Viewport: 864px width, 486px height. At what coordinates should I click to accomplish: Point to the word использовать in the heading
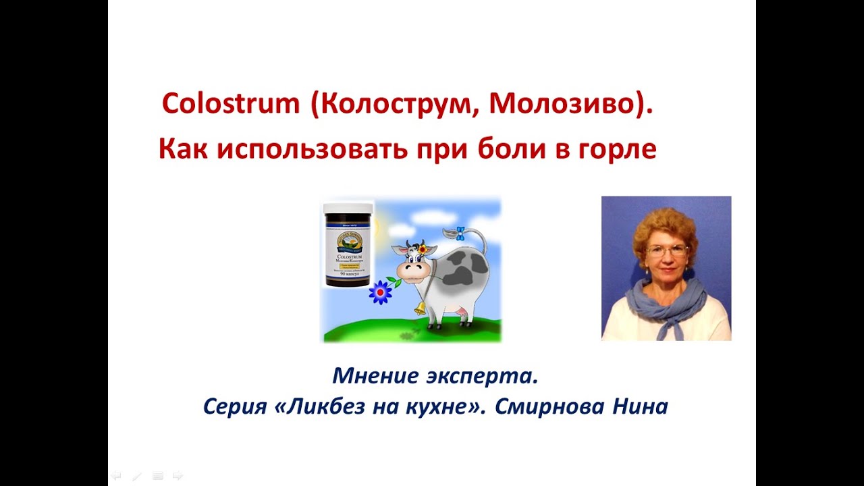point(308,149)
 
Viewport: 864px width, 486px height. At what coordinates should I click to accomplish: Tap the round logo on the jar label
point(348,238)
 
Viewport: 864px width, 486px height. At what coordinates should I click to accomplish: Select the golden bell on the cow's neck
point(420,308)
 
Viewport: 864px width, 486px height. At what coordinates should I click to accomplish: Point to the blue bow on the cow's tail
point(460,234)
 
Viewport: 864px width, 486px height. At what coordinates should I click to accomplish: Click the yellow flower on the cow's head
point(423,250)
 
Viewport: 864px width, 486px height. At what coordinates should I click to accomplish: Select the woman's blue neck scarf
point(664,303)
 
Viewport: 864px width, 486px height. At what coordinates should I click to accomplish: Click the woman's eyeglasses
point(666,250)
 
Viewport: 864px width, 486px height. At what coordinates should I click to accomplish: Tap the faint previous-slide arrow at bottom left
point(115,476)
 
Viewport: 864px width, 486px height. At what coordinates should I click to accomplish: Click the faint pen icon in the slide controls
point(137,476)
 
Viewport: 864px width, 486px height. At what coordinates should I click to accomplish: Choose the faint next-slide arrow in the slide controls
point(178,476)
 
